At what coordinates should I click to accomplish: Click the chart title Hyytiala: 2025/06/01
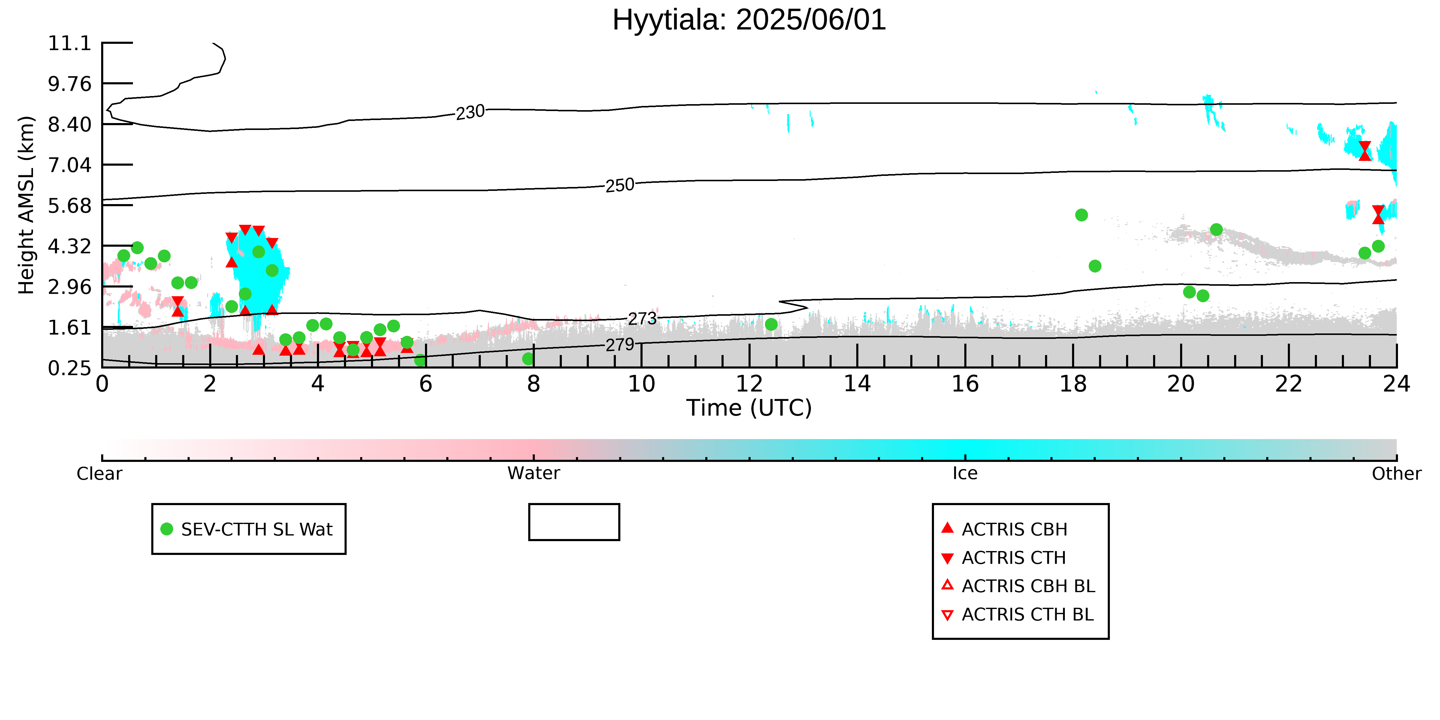pyautogui.click(x=749, y=20)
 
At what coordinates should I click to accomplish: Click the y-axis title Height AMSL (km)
pyautogui.click(x=26, y=205)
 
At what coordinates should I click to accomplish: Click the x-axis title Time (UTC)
pyautogui.click(x=749, y=408)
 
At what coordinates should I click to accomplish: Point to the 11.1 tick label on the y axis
pyautogui.click(x=69, y=43)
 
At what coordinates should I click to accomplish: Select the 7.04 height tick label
pyautogui.click(x=69, y=165)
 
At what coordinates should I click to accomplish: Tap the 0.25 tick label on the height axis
pyautogui.click(x=69, y=368)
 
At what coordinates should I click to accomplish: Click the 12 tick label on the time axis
pyautogui.click(x=749, y=384)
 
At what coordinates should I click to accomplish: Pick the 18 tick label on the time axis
pyautogui.click(x=1073, y=384)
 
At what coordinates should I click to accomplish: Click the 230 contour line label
pyautogui.click(x=470, y=112)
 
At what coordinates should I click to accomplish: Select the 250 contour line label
pyautogui.click(x=620, y=185)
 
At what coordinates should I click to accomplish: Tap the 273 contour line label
pyautogui.click(x=642, y=319)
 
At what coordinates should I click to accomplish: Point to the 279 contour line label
pyautogui.click(x=620, y=345)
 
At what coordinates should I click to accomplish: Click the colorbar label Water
pyautogui.click(x=533, y=474)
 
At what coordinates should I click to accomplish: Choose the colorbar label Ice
pyautogui.click(x=965, y=474)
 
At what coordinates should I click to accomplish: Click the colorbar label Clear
pyautogui.click(x=100, y=474)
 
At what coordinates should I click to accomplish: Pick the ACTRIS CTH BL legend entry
pyautogui.click(x=1017, y=614)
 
